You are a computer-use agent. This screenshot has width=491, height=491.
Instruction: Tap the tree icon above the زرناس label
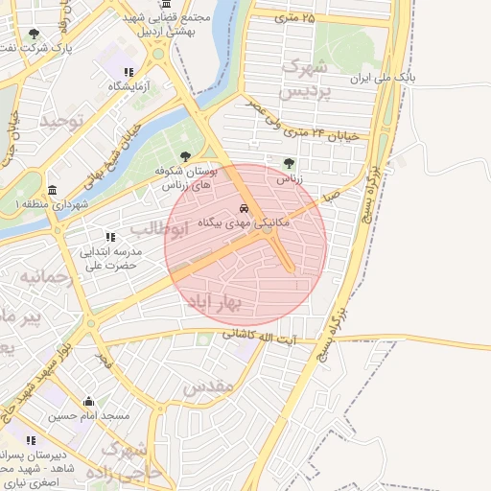[x=290, y=163]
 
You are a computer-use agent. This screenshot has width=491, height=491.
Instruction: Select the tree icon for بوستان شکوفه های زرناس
[x=185, y=156]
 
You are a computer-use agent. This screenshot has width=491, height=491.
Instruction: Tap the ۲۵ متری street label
[x=294, y=17]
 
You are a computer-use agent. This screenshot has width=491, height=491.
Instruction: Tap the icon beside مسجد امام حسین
[x=89, y=402]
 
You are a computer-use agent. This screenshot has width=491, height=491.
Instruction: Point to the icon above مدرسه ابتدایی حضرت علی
[x=111, y=236]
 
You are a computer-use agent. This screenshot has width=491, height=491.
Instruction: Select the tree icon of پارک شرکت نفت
[x=35, y=34]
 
